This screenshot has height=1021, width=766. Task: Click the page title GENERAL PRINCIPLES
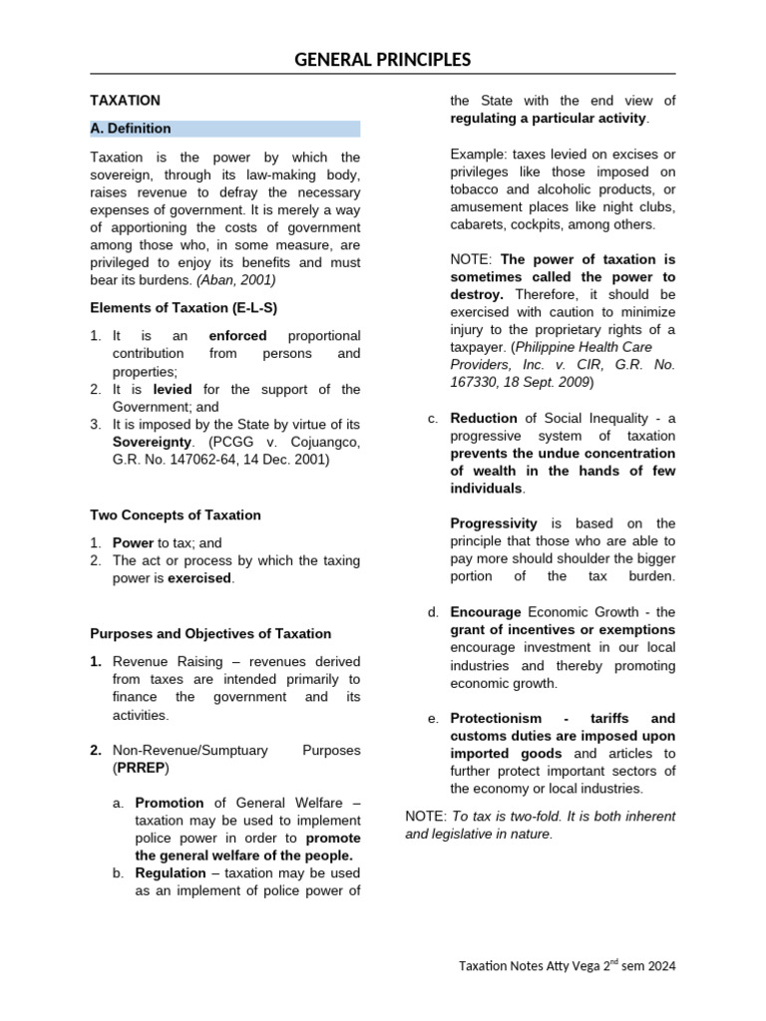382,60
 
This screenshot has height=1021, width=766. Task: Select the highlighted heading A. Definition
131,129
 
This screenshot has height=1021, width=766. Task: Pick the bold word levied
173,390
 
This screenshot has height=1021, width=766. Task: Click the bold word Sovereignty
150,443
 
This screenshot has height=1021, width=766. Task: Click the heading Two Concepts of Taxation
176,515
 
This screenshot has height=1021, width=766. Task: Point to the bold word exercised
199,578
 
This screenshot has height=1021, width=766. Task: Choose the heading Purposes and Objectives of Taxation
210,633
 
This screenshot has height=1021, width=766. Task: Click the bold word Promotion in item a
170,803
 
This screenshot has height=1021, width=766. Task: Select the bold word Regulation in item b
171,873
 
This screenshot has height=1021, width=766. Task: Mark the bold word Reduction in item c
484,418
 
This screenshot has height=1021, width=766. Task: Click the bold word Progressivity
494,523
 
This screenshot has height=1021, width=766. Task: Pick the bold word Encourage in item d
486,612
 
